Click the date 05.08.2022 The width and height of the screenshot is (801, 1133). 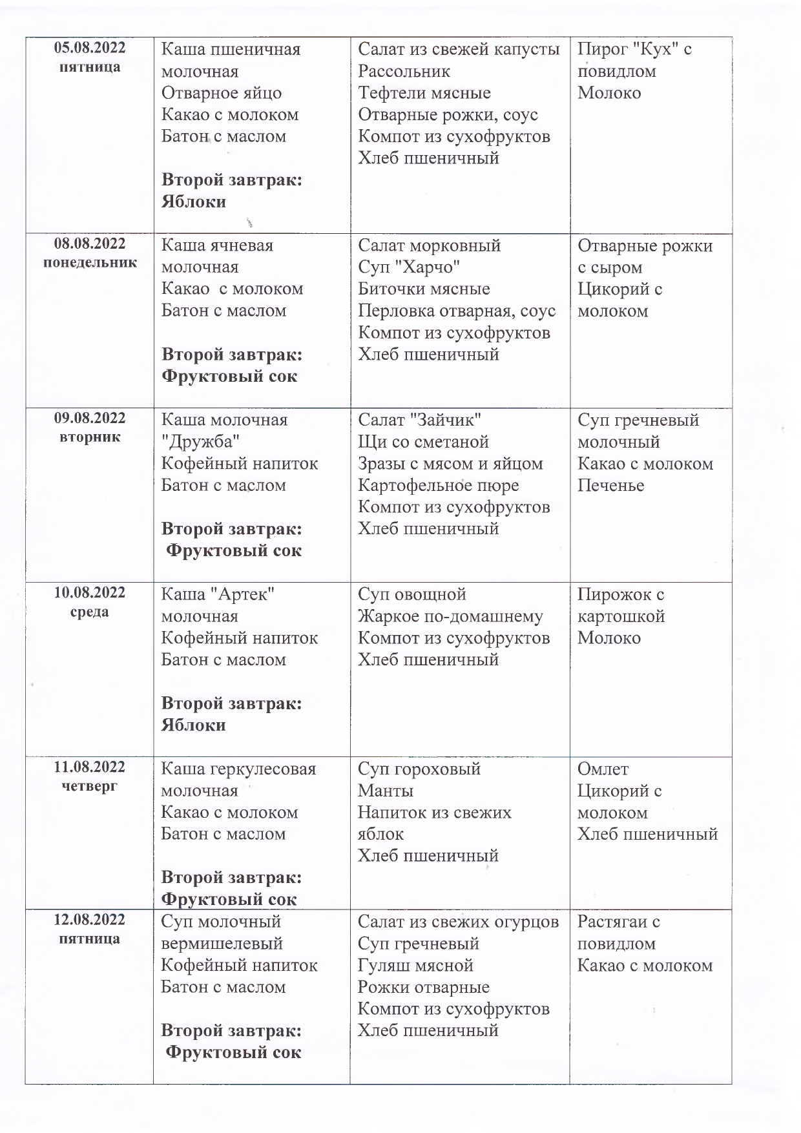(90, 48)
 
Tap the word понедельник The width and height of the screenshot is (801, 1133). (90, 263)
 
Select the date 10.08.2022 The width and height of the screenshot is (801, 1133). (90, 593)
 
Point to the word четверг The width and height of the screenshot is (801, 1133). (90, 786)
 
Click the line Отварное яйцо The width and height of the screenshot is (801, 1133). (222, 93)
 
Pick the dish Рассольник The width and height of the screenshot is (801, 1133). (404, 71)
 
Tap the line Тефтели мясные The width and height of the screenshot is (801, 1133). (424, 93)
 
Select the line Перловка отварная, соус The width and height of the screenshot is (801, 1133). (457, 311)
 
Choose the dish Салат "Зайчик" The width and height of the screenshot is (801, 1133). (420, 420)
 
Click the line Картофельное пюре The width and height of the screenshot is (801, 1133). (439, 485)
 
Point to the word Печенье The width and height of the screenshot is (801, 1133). (610, 485)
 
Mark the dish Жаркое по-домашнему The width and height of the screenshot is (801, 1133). (450, 616)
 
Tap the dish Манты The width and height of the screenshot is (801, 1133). (386, 791)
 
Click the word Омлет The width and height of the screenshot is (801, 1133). (603, 769)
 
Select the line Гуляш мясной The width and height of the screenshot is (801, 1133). (416, 965)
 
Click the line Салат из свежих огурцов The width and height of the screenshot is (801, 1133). (458, 922)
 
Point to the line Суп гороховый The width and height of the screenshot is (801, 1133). (419, 769)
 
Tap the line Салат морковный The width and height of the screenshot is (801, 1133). (430, 245)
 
